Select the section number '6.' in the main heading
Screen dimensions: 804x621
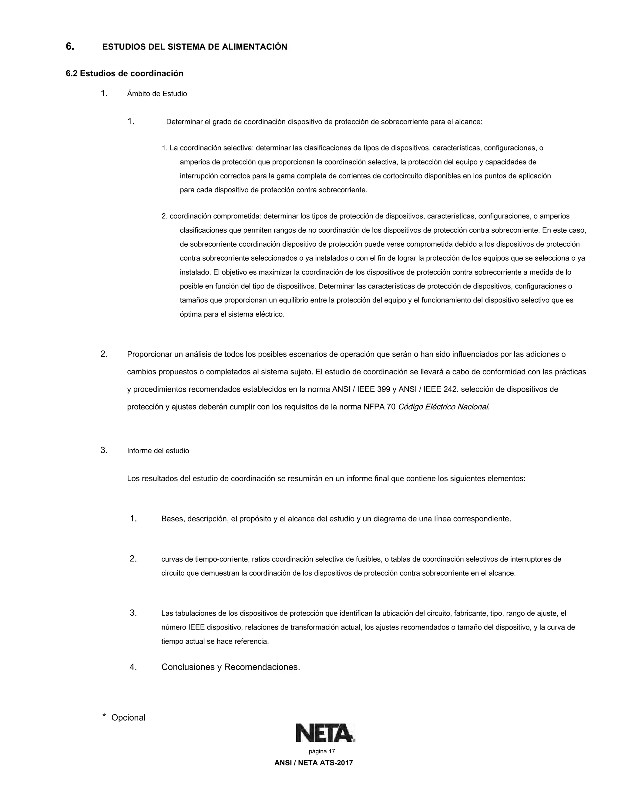(x=70, y=46)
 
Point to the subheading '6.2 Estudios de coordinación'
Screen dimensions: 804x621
(x=124, y=74)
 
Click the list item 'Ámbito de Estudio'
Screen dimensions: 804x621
(x=157, y=94)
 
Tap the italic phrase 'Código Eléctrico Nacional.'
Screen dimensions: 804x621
(x=444, y=407)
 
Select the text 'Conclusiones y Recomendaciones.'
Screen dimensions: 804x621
(x=231, y=667)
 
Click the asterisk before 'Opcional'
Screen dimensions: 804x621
(x=104, y=716)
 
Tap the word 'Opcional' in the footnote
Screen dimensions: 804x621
(x=128, y=718)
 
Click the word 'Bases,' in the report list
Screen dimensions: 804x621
(x=173, y=519)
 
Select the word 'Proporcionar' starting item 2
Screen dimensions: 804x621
(x=149, y=354)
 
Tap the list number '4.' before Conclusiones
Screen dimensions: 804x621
(x=133, y=667)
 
